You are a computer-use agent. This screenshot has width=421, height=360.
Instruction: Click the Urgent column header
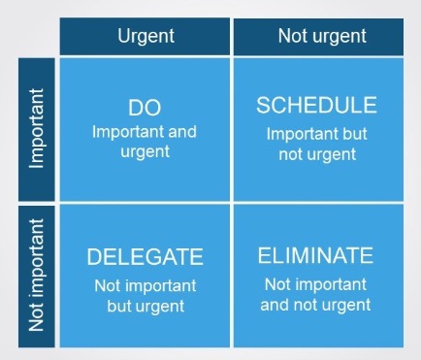[x=145, y=36]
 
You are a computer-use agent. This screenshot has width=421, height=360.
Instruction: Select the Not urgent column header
[x=322, y=36]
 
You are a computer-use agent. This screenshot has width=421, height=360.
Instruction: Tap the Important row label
[x=36, y=129]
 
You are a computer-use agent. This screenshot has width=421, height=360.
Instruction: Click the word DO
[x=145, y=108]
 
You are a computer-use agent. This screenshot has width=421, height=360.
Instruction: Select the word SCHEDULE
[x=315, y=105]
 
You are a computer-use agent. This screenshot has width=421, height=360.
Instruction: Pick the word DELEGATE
[x=145, y=257]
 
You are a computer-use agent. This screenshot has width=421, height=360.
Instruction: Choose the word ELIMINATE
[x=315, y=255]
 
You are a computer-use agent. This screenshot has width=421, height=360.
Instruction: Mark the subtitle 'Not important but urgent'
[x=145, y=295]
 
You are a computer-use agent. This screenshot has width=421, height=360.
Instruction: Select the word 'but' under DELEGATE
[x=122, y=305]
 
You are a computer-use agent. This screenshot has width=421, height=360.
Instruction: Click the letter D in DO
[x=136, y=108]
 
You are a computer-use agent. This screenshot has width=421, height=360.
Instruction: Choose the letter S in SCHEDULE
[x=263, y=105]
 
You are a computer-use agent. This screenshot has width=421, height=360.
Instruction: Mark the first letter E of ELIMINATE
[x=264, y=255]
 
